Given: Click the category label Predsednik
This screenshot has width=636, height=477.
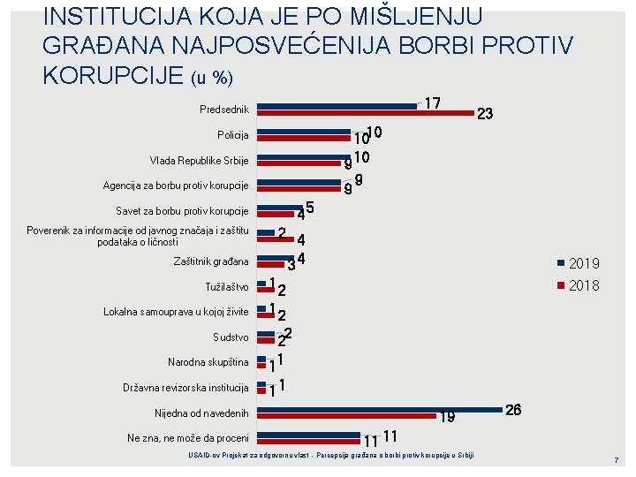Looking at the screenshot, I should (223, 110).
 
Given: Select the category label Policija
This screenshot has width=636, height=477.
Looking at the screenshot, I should (232, 135).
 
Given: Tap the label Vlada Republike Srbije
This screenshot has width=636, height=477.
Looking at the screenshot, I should (199, 161).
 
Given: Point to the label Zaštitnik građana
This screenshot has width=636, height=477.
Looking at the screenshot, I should (211, 261).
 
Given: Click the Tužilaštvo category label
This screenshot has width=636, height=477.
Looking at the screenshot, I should (226, 287).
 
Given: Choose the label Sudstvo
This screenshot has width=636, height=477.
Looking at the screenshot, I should (231, 337).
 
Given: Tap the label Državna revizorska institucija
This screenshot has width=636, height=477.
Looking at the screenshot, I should (185, 388).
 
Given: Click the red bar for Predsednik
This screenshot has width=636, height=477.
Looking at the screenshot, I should (363, 112).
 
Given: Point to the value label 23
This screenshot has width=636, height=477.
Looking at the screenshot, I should (484, 114).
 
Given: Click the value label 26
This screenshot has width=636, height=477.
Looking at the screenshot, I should (514, 410).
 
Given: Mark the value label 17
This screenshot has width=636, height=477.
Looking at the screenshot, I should (433, 103).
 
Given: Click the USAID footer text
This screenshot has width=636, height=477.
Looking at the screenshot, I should (331, 455).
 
